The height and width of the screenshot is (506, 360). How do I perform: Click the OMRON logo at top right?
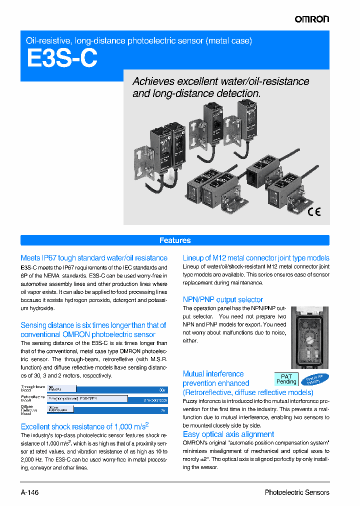coord(311,19)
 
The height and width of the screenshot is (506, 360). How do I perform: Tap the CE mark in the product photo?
coord(314,211)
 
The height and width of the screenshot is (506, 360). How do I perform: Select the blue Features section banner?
coord(175,240)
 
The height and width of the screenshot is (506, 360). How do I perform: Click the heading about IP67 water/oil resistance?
coord(94,258)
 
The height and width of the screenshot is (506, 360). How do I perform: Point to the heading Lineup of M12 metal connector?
coord(256,258)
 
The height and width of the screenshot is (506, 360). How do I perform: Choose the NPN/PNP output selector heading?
coord(223,299)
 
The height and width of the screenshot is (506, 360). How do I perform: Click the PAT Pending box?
coord(286,379)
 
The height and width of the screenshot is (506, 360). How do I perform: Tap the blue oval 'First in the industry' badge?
coord(315,379)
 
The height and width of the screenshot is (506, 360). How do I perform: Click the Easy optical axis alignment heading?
coord(228,434)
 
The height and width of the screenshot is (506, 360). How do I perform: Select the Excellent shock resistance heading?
coord(85,426)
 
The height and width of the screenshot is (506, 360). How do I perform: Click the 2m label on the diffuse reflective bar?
coord(163,410)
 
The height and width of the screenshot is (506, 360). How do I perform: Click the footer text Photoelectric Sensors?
coord(297,492)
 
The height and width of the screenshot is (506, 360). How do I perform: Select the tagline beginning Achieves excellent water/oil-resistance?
coord(220,87)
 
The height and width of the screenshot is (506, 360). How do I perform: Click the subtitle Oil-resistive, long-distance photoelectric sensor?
coord(138,40)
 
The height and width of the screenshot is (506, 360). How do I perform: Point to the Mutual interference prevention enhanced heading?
coord(216,378)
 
